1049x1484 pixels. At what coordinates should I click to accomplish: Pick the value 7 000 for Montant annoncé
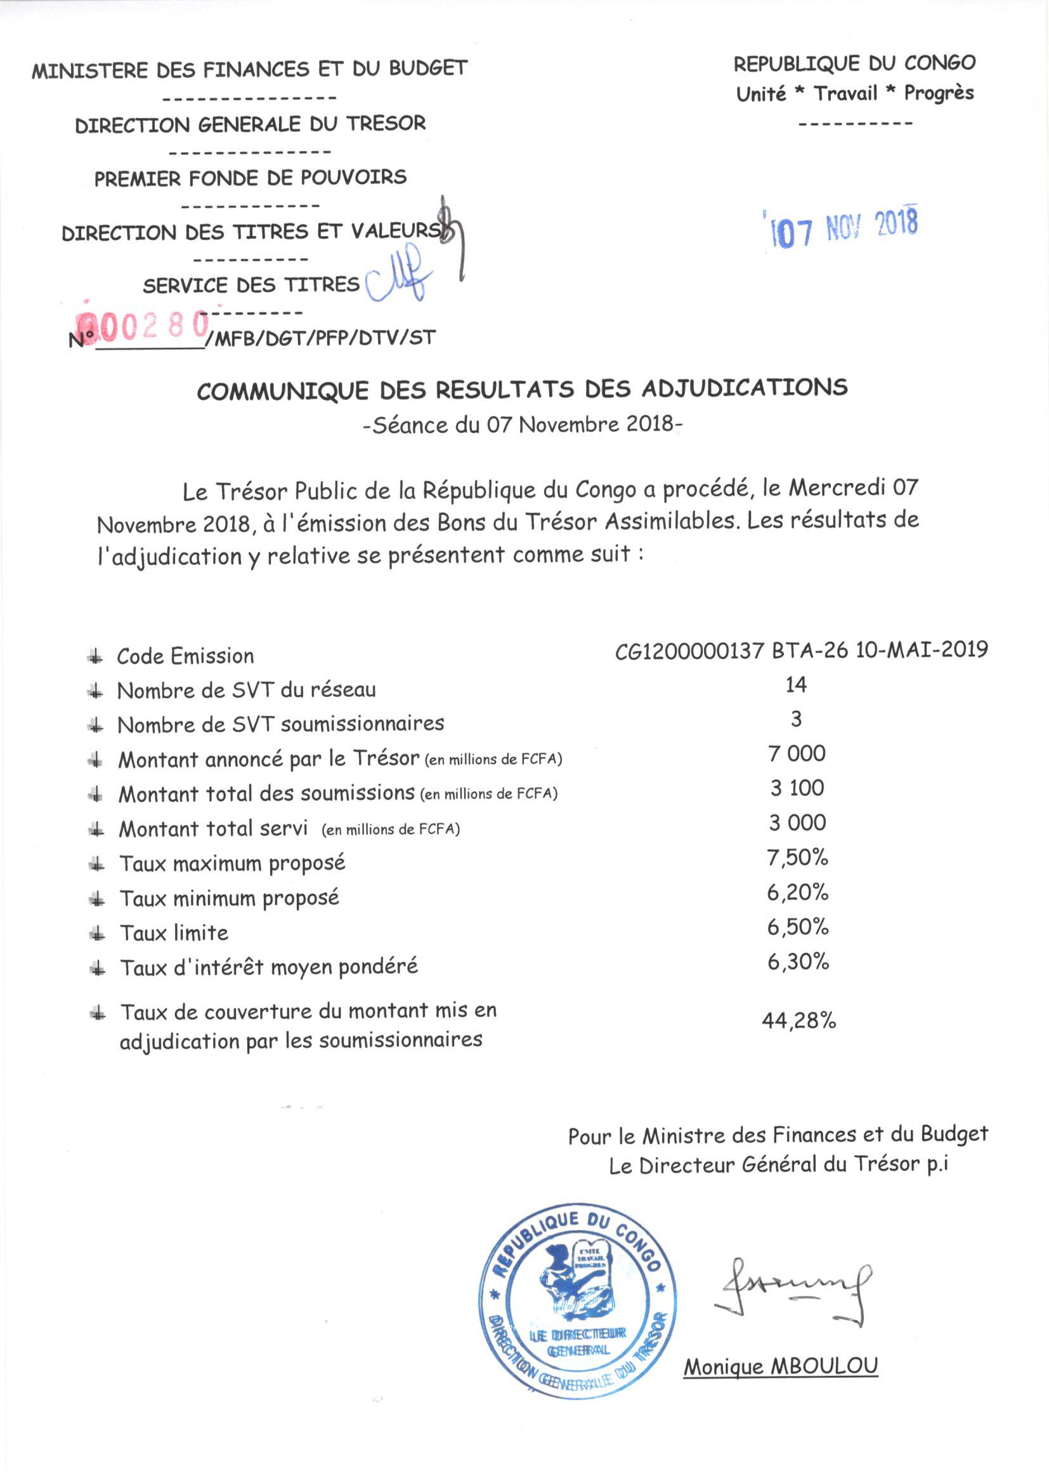[797, 753]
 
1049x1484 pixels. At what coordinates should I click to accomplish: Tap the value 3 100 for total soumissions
[797, 788]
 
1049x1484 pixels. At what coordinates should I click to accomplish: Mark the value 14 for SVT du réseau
[797, 684]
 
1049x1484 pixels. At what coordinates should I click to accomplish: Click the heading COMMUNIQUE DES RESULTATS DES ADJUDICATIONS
[522, 389]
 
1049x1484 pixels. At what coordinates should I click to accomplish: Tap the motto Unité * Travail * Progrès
[854, 94]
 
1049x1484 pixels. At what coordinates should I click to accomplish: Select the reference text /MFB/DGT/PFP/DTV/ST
[321, 338]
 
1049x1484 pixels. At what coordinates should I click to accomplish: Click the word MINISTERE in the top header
[91, 70]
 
